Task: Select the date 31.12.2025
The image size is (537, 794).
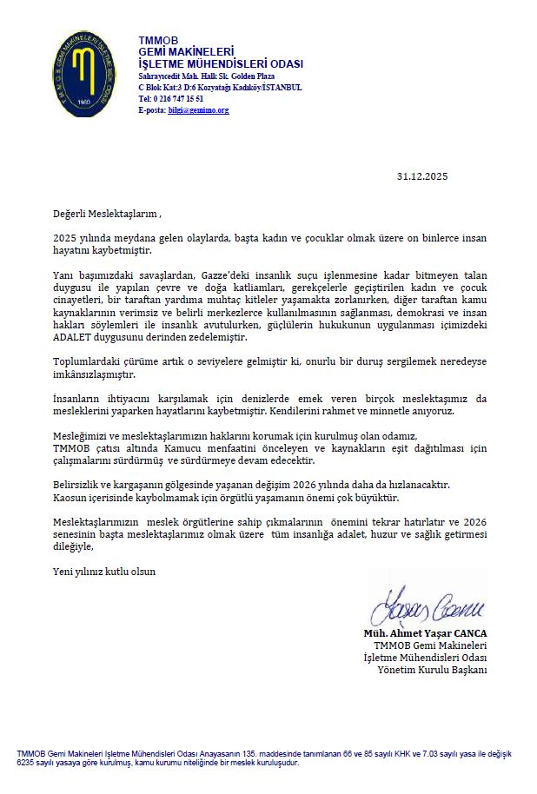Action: point(422,176)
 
